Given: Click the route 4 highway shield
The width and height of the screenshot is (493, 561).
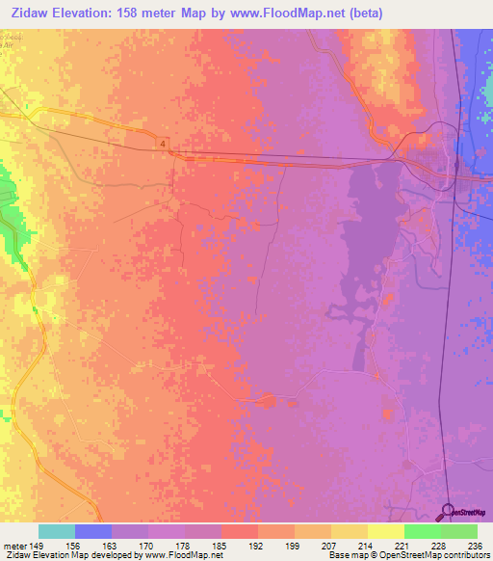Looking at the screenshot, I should [164, 144].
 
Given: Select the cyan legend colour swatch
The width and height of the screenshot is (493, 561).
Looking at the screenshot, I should [57, 531].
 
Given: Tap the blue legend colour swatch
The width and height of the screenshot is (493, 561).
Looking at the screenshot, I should [93, 531].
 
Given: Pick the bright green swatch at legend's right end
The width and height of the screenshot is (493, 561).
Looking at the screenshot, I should [458, 531].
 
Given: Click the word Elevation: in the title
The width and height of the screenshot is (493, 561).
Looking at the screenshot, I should [82, 13].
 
